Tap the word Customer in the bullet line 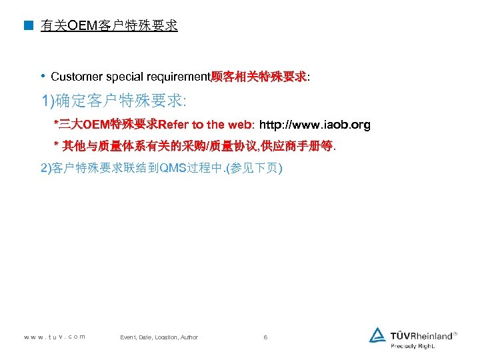click(73, 77)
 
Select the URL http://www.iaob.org click(315, 125)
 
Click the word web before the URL click(237, 125)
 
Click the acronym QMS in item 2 click(181, 169)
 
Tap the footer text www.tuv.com click(54, 337)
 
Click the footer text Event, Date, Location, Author click(159, 337)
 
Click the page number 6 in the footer click(265, 337)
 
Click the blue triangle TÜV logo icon click(378, 335)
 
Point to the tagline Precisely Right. click(413, 346)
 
